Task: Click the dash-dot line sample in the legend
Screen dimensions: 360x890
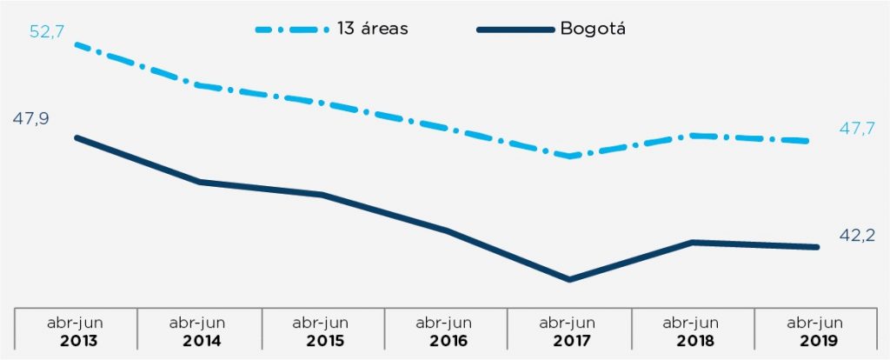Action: click(x=290, y=29)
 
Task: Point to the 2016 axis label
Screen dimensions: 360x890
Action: click(x=446, y=339)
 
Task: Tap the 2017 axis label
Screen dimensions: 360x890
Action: click(x=569, y=339)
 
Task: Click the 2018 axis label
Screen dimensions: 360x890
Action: click(x=693, y=339)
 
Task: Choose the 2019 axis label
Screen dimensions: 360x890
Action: click(x=815, y=339)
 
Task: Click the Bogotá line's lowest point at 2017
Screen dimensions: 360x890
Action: click(x=569, y=279)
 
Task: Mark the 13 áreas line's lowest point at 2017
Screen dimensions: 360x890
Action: click(x=569, y=156)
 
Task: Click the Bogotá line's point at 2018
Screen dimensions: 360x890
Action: click(x=693, y=242)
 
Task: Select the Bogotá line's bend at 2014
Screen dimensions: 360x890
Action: click(x=199, y=182)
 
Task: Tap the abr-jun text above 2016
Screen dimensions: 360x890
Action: click(x=446, y=322)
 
